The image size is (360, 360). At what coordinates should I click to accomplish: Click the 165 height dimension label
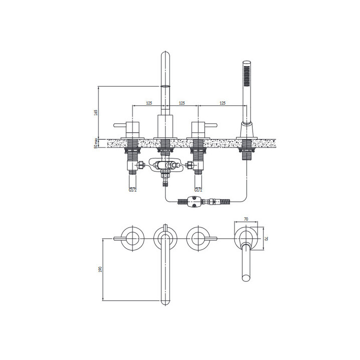[x=96, y=111]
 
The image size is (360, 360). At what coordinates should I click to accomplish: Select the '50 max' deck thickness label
[x=96, y=143]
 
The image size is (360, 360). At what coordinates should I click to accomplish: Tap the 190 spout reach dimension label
[x=100, y=269]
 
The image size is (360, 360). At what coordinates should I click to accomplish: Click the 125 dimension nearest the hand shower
[x=221, y=103]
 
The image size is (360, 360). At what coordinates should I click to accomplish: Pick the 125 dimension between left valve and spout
[x=148, y=103]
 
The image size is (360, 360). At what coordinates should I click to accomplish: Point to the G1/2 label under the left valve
[x=133, y=190]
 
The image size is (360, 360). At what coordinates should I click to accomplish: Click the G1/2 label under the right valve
[x=198, y=190]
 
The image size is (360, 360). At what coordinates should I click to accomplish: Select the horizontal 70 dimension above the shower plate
[x=245, y=219]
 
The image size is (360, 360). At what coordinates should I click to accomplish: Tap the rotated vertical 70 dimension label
[x=266, y=239]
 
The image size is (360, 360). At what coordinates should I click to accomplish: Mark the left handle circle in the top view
[x=133, y=238]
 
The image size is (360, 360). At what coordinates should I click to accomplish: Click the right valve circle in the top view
[x=197, y=238]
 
